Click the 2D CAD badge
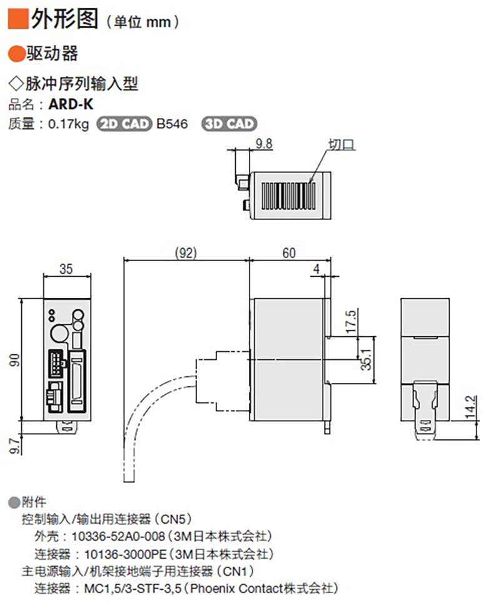point(124,124)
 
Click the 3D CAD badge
point(229,124)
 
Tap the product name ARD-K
point(71,104)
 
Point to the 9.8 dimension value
point(264,144)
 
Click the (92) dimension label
point(186,252)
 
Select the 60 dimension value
point(289,252)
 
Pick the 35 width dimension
point(66,269)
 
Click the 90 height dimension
point(14,360)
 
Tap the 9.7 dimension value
point(14,446)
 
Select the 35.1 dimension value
point(366,359)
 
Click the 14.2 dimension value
point(470,407)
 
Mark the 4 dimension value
point(316,269)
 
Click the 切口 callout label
point(341,144)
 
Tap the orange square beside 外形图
point(18,19)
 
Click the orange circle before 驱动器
point(16,54)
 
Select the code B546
point(173,124)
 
